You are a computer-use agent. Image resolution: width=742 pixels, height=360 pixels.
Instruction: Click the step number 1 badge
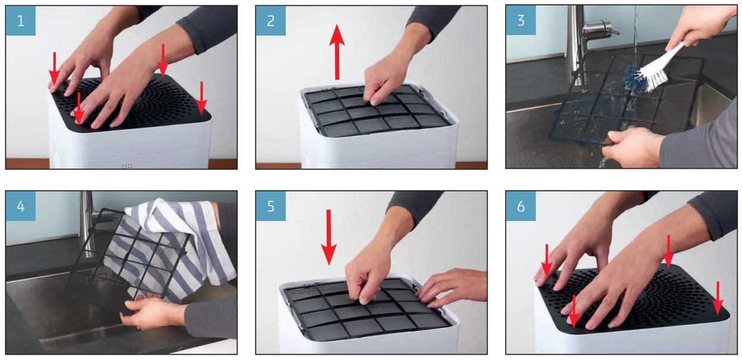coord(21,21)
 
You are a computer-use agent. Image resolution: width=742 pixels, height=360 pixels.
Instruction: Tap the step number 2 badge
coord(271,21)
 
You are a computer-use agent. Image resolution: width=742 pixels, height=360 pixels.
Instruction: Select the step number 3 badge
coord(521,20)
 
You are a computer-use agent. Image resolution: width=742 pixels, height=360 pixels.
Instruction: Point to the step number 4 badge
coord(21,206)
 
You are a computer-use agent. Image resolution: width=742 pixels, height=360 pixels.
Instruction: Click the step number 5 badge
coord(271,206)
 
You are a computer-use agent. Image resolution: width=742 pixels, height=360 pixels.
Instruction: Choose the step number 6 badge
coord(521,206)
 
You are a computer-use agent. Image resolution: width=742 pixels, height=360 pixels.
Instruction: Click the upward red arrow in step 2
coord(337,52)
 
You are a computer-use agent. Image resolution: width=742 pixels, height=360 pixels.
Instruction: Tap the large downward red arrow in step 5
coord(329,237)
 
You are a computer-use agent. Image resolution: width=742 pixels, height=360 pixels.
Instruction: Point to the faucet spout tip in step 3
coord(616,32)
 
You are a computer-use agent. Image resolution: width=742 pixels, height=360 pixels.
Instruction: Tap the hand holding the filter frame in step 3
coord(631,146)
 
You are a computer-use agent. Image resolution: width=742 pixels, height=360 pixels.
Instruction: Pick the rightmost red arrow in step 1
coord(201,98)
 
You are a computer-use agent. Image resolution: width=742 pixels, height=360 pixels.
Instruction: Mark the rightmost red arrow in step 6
coord(718,298)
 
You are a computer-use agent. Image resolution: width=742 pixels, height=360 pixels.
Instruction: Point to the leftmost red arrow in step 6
coord(547,261)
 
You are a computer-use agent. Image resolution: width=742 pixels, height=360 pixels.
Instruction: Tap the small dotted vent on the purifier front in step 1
coord(127,166)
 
